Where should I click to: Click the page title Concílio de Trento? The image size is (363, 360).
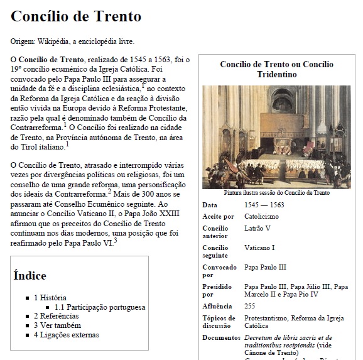point(76,16)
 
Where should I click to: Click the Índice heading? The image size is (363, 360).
point(30,275)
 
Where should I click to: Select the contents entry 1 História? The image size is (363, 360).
point(50,297)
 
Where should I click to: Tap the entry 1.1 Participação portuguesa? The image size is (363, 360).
point(100,307)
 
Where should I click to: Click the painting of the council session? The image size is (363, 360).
point(276,136)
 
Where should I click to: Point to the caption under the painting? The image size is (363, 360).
point(276,193)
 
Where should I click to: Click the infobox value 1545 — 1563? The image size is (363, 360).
point(264,205)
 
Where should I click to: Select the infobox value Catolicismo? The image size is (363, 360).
point(262,216)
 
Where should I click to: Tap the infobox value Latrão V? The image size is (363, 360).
point(257,227)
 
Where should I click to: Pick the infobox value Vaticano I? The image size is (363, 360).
point(259,248)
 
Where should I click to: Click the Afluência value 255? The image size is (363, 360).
point(250,306)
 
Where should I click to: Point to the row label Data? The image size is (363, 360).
point(210,205)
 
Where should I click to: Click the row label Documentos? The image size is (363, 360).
point(221,338)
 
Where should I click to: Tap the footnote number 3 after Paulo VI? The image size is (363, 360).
point(116,239)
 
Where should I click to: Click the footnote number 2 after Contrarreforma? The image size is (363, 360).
point(109,191)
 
